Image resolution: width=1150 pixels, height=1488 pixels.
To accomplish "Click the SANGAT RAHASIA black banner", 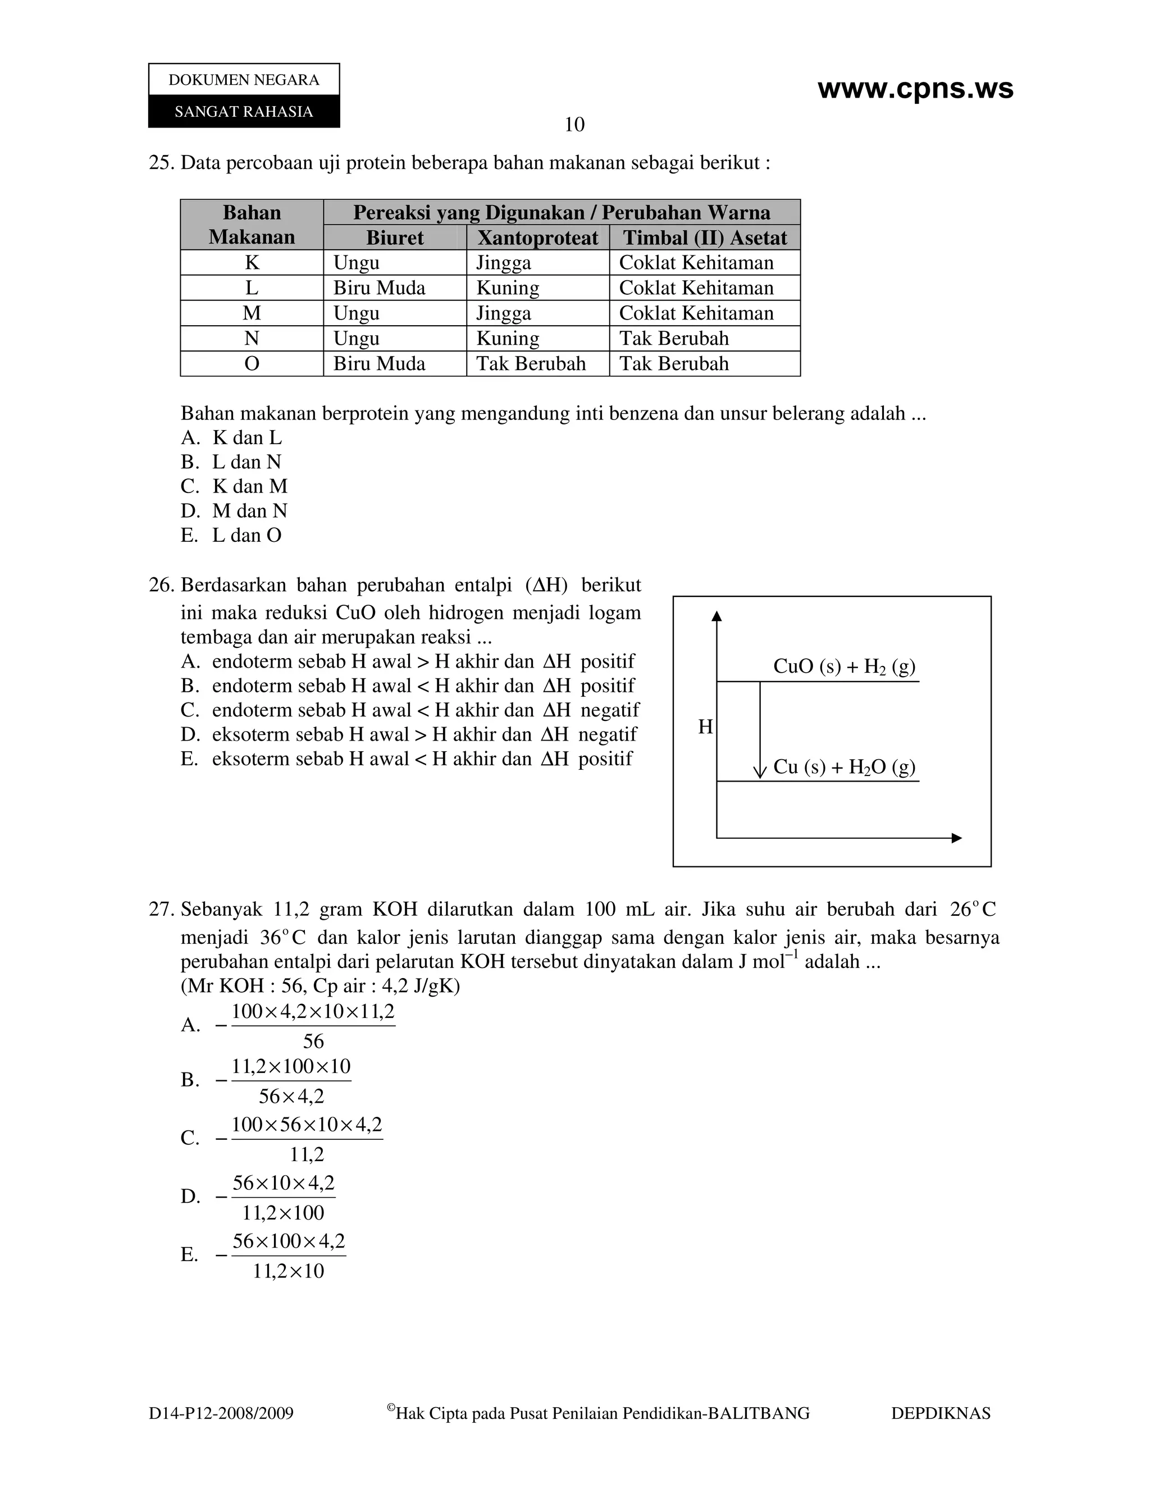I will coord(244,112).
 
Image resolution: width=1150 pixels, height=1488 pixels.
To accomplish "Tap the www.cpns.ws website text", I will coord(915,89).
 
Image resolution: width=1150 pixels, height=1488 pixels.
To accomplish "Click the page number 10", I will coord(574,125).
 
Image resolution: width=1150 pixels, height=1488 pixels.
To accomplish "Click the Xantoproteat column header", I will coord(537,238).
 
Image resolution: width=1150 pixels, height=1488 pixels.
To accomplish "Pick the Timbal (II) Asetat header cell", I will coord(705,238).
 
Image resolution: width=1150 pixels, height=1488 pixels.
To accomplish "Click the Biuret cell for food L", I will coord(380,288).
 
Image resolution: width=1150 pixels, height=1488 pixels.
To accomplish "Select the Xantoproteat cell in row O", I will coord(531,364).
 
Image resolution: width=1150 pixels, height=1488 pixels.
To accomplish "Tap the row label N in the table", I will coord(252,339).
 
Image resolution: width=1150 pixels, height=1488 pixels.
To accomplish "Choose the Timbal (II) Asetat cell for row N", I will coord(674,339).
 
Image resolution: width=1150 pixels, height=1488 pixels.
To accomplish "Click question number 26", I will coord(162,585).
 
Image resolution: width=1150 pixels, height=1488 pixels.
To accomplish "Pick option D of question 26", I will coord(409,734).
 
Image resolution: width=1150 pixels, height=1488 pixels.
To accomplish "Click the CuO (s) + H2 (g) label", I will coord(844,667).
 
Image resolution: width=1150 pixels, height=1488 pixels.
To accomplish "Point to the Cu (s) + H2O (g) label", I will coord(844,767).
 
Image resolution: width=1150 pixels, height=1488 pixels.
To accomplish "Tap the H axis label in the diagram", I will coord(705,728).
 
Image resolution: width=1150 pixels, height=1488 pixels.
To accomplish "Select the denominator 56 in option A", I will coord(313,1041).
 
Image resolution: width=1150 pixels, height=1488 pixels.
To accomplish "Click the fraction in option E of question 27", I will coord(289,1256).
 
